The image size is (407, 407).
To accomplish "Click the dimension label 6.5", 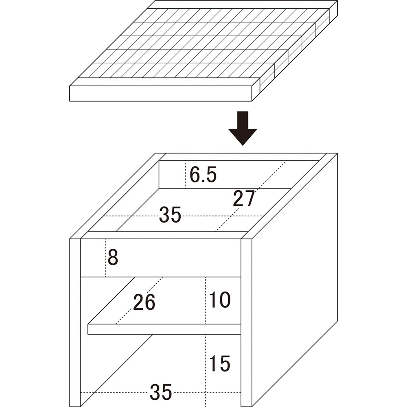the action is click(x=203, y=175).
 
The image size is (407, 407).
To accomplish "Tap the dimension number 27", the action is click(x=244, y=199).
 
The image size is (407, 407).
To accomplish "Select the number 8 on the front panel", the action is click(x=113, y=257).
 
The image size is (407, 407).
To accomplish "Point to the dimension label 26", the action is click(x=144, y=302).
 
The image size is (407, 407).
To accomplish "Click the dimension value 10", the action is click(x=220, y=300).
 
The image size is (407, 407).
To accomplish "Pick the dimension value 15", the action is click(x=220, y=363).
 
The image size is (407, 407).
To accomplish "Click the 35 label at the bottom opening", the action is click(x=161, y=392).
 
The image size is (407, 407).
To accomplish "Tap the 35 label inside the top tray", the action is click(x=170, y=214).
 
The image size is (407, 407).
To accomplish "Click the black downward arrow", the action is click(x=243, y=128).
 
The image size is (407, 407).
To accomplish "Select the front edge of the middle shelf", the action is click(x=164, y=329).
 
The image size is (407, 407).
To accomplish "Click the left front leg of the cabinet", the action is click(x=75, y=322).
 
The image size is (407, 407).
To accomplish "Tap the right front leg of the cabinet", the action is click(x=246, y=322).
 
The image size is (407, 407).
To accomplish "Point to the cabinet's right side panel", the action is click(x=295, y=280).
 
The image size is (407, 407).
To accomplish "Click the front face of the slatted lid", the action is click(x=160, y=94).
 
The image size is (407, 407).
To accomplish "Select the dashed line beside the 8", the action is click(x=105, y=258).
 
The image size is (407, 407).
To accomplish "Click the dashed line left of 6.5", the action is click(x=186, y=175).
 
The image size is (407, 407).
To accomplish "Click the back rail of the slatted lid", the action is click(x=243, y=4).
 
